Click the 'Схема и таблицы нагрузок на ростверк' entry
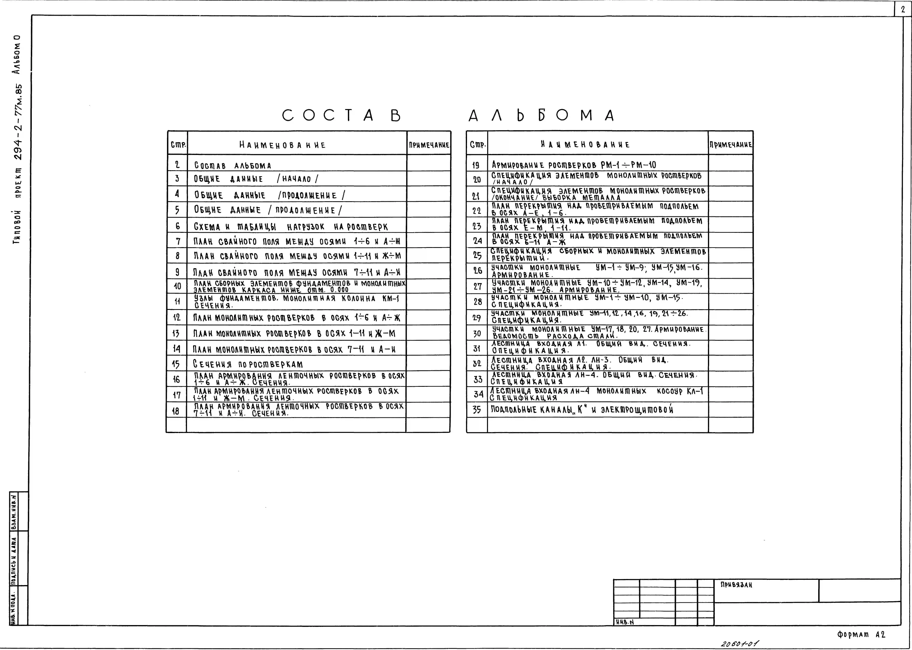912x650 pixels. [x=291, y=227]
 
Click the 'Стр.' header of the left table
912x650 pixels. [x=178, y=145]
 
